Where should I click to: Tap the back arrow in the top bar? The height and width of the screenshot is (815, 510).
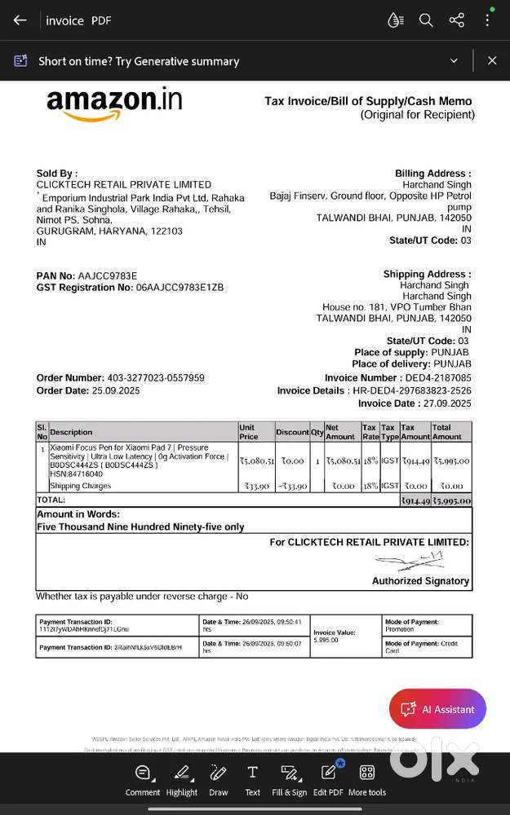tap(20, 20)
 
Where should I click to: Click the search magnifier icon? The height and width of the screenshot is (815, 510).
tap(426, 20)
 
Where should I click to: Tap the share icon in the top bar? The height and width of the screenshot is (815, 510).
tap(457, 20)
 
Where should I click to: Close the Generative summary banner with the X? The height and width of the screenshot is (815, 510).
tap(492, 60)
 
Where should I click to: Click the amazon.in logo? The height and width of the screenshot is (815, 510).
tap(114, 103)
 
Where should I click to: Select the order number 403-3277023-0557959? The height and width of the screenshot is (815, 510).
tap(156, 378)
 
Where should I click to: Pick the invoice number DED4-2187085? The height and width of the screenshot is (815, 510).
tap(437, 378)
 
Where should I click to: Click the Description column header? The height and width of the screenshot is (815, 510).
tap(72, 432)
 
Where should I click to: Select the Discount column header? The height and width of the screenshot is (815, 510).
tap(292, 432)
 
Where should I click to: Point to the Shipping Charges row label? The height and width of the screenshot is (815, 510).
tap(81, 486)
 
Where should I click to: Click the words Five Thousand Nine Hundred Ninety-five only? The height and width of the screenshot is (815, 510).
tap(140, 527)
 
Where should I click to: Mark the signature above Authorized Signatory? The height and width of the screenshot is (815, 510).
tap(409, 561)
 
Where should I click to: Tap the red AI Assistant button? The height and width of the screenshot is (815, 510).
tap(437, 709)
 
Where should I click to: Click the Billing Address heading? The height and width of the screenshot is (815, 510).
tap(432, 174)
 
